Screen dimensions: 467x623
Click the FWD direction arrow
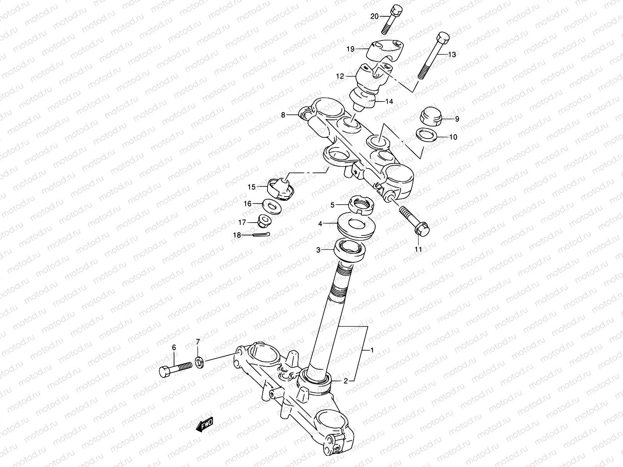pyautogui.click(x=205, y=425)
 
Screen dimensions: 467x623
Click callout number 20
pyautogui.click(x=374, y=16)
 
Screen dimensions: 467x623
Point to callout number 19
pyautogui.click(x=350, y=49)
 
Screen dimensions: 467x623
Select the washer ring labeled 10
pyautogui.click(x=426, y=135)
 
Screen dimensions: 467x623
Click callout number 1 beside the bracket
pyautogui.click(x=372, y=350)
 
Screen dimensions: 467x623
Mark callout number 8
pyautogui.click(x=283, y=115)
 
